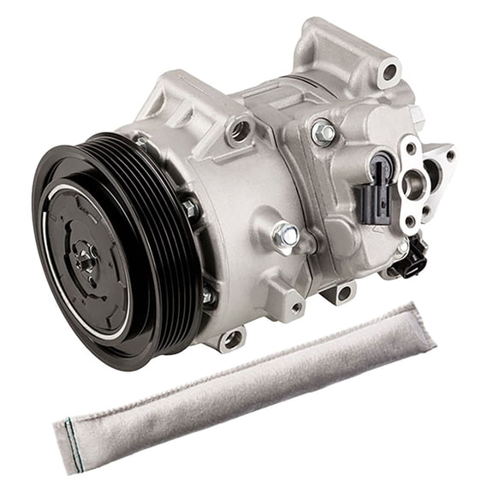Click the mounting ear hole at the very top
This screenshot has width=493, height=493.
[390, 71]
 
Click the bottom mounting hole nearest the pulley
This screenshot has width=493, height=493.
[230, 339]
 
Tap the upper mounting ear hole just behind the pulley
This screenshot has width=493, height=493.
[241, 131]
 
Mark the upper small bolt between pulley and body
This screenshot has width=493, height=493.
[190, 208]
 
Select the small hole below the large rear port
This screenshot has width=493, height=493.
[410, 221]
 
